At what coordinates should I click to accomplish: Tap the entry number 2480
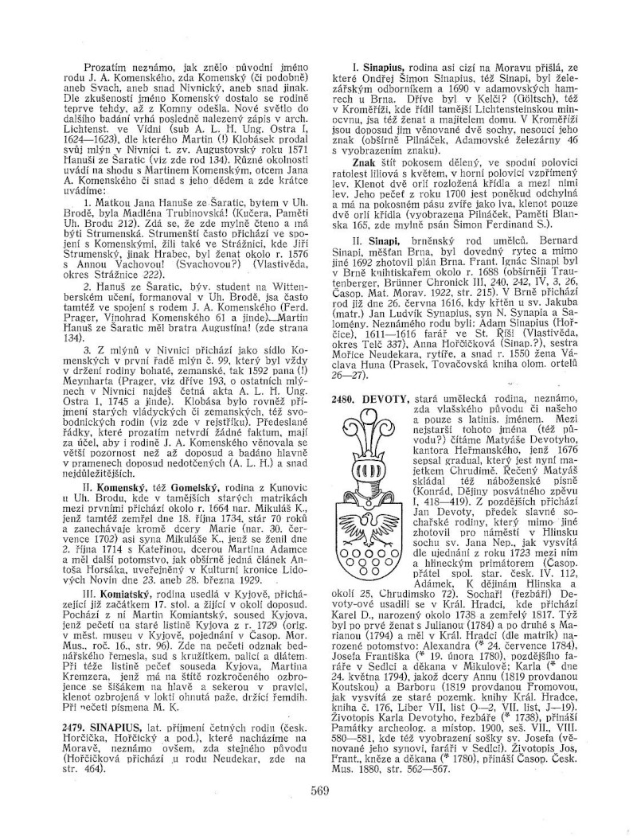[347, 396]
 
